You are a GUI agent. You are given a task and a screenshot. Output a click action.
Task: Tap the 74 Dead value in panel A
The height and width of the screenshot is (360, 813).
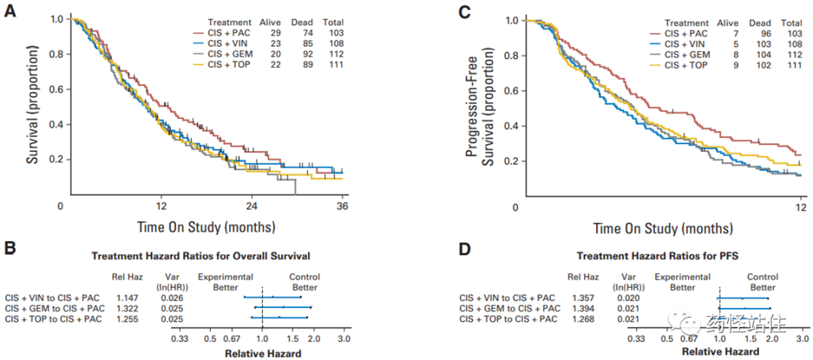303,34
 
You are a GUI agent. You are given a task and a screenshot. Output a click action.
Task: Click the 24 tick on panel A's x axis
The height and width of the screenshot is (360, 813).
253,206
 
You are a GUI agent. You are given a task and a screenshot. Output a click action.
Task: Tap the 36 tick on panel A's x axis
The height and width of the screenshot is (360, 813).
342,206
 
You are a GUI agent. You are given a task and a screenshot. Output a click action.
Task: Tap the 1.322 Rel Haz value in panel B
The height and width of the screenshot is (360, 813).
126,309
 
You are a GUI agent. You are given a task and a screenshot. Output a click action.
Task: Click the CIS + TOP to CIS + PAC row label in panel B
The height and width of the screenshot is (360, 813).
53,319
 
